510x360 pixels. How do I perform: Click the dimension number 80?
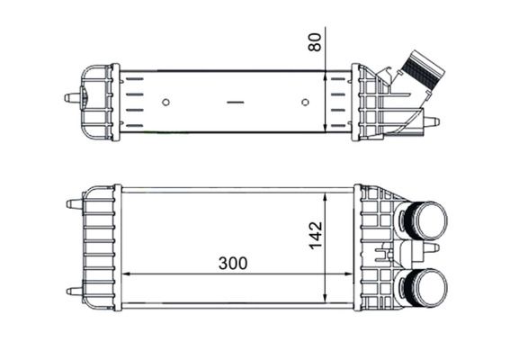pos(315,42)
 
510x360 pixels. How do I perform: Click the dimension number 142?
pos(316,235)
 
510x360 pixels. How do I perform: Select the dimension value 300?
pos(233,264)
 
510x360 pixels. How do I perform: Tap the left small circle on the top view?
pos(166,103)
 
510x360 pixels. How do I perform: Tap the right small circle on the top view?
pos(305,103)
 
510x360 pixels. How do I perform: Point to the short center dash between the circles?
pos(236,103)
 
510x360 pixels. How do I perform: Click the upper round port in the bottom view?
pos(429,220)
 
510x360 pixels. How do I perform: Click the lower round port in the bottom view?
pos(429,288)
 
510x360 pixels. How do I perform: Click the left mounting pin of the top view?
pos(72,97)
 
